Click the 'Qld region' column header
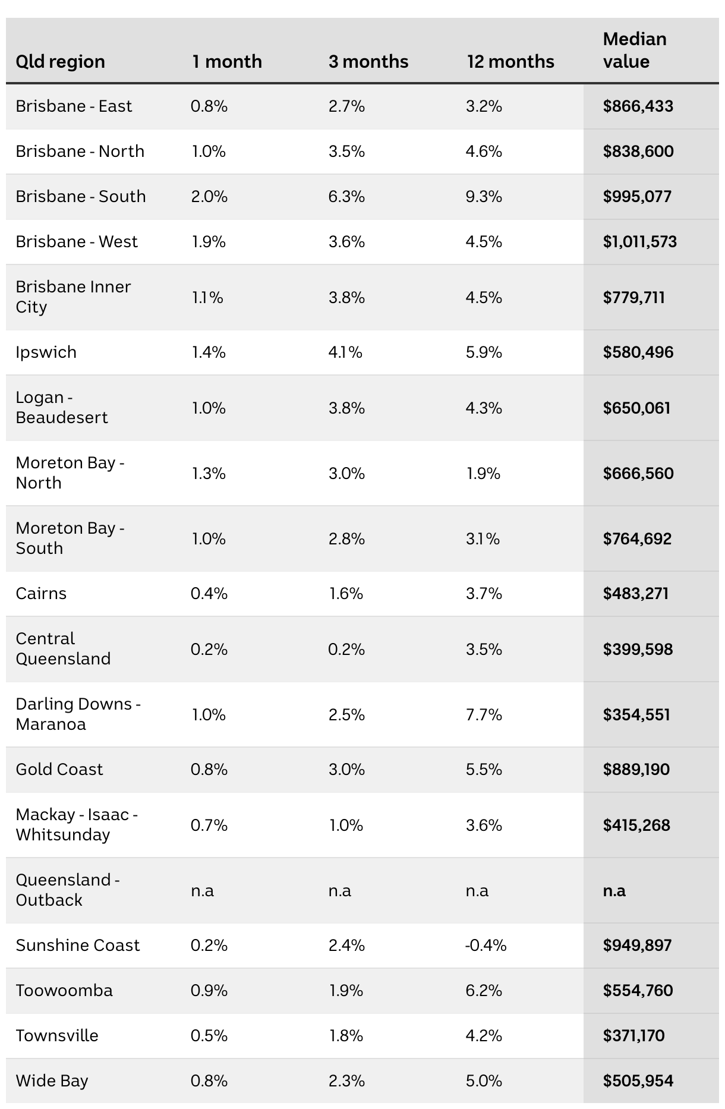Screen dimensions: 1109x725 pos(60,62)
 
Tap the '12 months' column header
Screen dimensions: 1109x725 pos(510,62)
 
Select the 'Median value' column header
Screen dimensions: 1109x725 pos(634,51)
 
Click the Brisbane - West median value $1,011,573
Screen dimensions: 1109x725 pos(639,242)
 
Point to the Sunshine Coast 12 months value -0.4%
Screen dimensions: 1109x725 pos(486,946)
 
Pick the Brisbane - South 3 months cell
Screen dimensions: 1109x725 pos(346,197)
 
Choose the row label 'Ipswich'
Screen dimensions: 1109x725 pos(46,352)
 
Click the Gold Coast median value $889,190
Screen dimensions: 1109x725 pos(636,770)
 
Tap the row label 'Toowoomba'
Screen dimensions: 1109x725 pos(64,991)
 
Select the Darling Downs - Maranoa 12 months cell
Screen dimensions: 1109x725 pos(484,714)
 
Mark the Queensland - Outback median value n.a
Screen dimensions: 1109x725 pos(614,891)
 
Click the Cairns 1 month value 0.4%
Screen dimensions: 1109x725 pos(209,594)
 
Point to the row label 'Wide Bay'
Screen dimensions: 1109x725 pos(52,1081)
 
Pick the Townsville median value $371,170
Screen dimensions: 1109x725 pos(633,1036)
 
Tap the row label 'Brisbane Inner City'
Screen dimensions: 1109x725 pos(73,297)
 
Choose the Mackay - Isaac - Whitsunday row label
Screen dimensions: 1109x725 pos(77,825)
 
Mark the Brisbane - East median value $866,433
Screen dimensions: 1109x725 pos(638,106)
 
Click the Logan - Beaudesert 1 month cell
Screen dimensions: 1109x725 pos(208,408)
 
